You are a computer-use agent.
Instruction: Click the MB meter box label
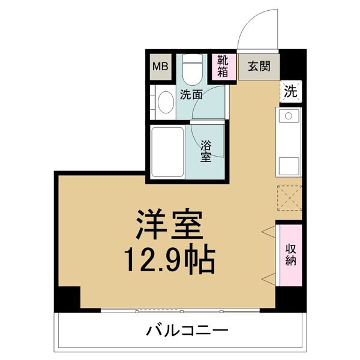[160, 67]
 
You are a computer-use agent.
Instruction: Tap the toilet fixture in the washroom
[193, 70]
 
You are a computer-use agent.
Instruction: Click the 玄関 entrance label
[259, 67]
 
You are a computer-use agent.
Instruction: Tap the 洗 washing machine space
[290, 91]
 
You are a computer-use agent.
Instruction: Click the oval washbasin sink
[166, 103]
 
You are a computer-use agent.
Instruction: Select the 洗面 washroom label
[191, 95]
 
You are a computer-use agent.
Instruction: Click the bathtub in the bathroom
[167, 152]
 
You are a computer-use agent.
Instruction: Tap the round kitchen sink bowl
[289, 116]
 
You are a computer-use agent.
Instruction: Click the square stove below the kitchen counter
[289, 166]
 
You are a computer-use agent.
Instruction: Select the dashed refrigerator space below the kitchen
[289, 198]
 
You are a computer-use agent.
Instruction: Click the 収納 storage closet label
[290, 255]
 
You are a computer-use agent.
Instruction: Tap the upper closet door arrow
[269, 232]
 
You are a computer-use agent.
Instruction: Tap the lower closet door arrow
[269, 280]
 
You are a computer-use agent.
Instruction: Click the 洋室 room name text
[169, 224]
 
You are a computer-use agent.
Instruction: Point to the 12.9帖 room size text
[169, 259]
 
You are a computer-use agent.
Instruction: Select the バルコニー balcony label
[188, 331]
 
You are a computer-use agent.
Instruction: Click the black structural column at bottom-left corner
[67, 299]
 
